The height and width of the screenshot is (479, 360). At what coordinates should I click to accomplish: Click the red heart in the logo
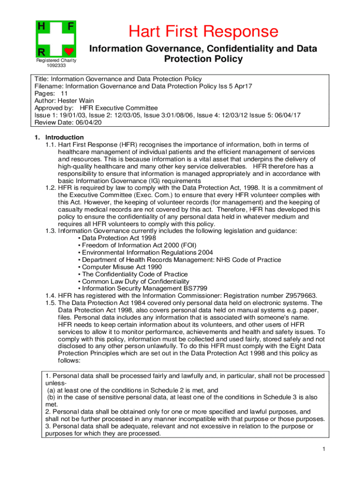pyautogui.click(x=69, y=51)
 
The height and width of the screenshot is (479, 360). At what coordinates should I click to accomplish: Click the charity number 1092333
pyautogui.click(x=56, y=66)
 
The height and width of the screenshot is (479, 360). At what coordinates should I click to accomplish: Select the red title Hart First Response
pyautogui.click(x=203, y=32)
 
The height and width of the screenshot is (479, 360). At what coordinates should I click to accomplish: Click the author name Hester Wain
pyautogui.click(x=72, y=101)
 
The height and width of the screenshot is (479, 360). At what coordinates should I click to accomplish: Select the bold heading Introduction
pyautogui.click(x=64, y=137)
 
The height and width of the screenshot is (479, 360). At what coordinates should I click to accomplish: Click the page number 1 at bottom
pyautogui.click(x=323, y=450)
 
